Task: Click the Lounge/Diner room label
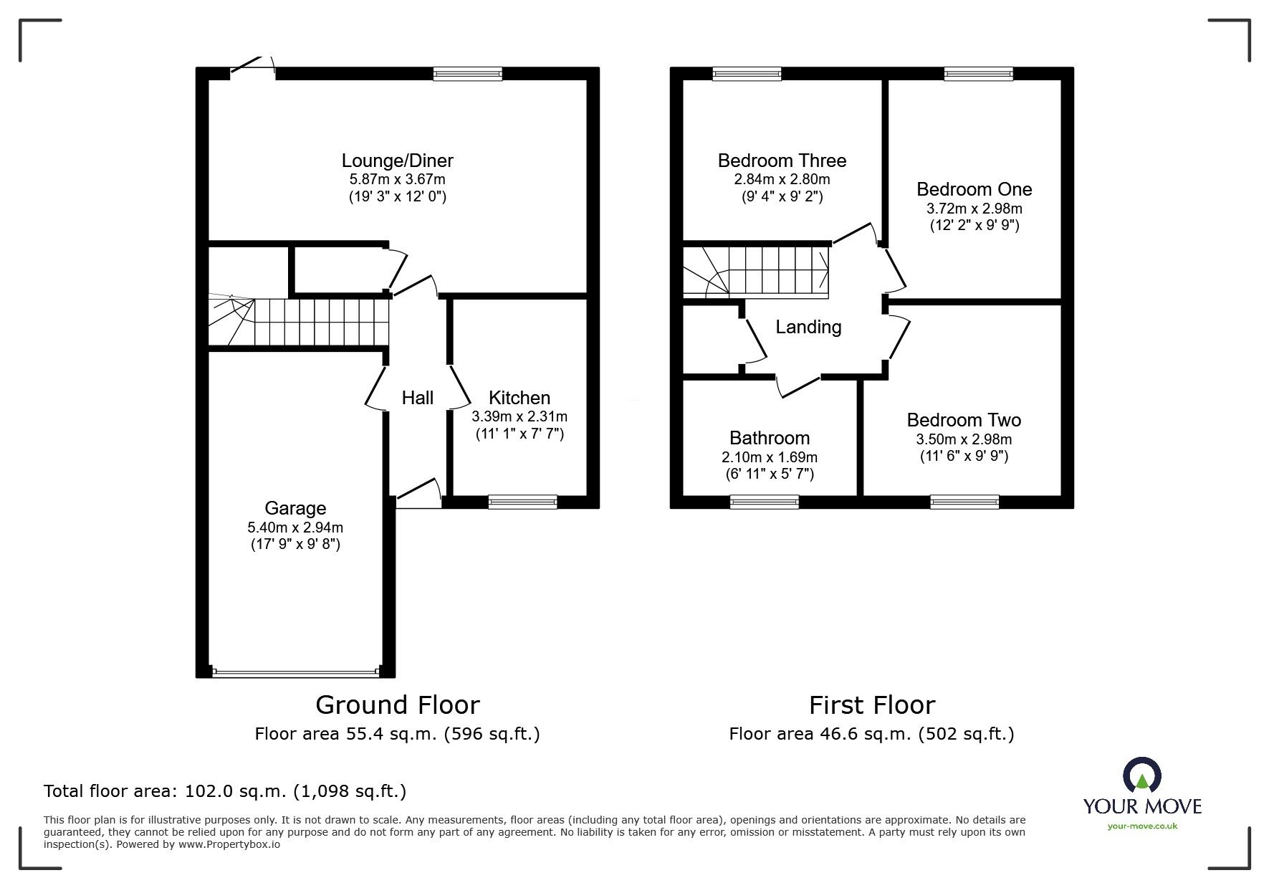click(397, 161)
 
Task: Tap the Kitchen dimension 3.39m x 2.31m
click(519, 416)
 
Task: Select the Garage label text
click(295, 508)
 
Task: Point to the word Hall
click(417, 398)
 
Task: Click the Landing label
click(808, 327)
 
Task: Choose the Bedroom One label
click(974, 189)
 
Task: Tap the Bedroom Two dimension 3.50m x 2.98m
click(964, 439)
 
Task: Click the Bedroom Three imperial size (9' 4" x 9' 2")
click(782, 196)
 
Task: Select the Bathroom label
click(769, 438)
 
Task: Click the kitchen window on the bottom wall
click(522, 502)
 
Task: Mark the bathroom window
click(764, 502)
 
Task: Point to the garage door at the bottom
click(295, 672)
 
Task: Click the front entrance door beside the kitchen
click(418, 495)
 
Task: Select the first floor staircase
click(757, 272)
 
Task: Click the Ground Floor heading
click(397, 705)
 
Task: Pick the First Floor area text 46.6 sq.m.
click(871, 734)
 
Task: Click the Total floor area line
click(225, 791)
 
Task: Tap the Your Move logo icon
click(1141, 775)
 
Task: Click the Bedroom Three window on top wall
click(747, 73)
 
